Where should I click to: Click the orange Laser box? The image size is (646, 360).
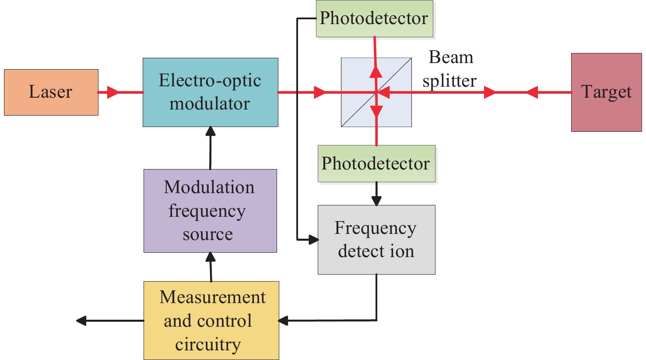click(x=51, y=92)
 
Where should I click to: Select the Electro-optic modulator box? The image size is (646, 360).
click(x=210, y=92)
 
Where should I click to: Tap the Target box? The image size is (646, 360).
click(x=606, y=92)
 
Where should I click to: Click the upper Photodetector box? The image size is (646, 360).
click(x=374, y=18)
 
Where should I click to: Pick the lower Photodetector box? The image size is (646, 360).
click(x=376, y=163)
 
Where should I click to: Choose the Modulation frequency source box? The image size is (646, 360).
click(x=210, y=211)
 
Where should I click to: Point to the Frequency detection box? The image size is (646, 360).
click(x=376, y=240)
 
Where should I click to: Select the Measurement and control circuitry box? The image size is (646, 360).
click(x=211, y=321)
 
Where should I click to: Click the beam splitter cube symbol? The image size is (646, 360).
click(x=376, y=92)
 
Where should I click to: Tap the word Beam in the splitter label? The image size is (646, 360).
click(x=451, y=57)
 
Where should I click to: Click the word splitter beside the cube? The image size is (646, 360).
click(x=449, y=81)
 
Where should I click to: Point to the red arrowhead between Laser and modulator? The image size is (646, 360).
click(x=112, y=92)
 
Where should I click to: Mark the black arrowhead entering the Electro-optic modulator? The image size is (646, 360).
click(x=211, y=131)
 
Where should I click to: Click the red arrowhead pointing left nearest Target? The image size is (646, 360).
click(x=532, y=92)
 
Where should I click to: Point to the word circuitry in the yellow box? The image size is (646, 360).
click(x=208, y=345)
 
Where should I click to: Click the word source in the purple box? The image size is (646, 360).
click(x=207, y=234)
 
